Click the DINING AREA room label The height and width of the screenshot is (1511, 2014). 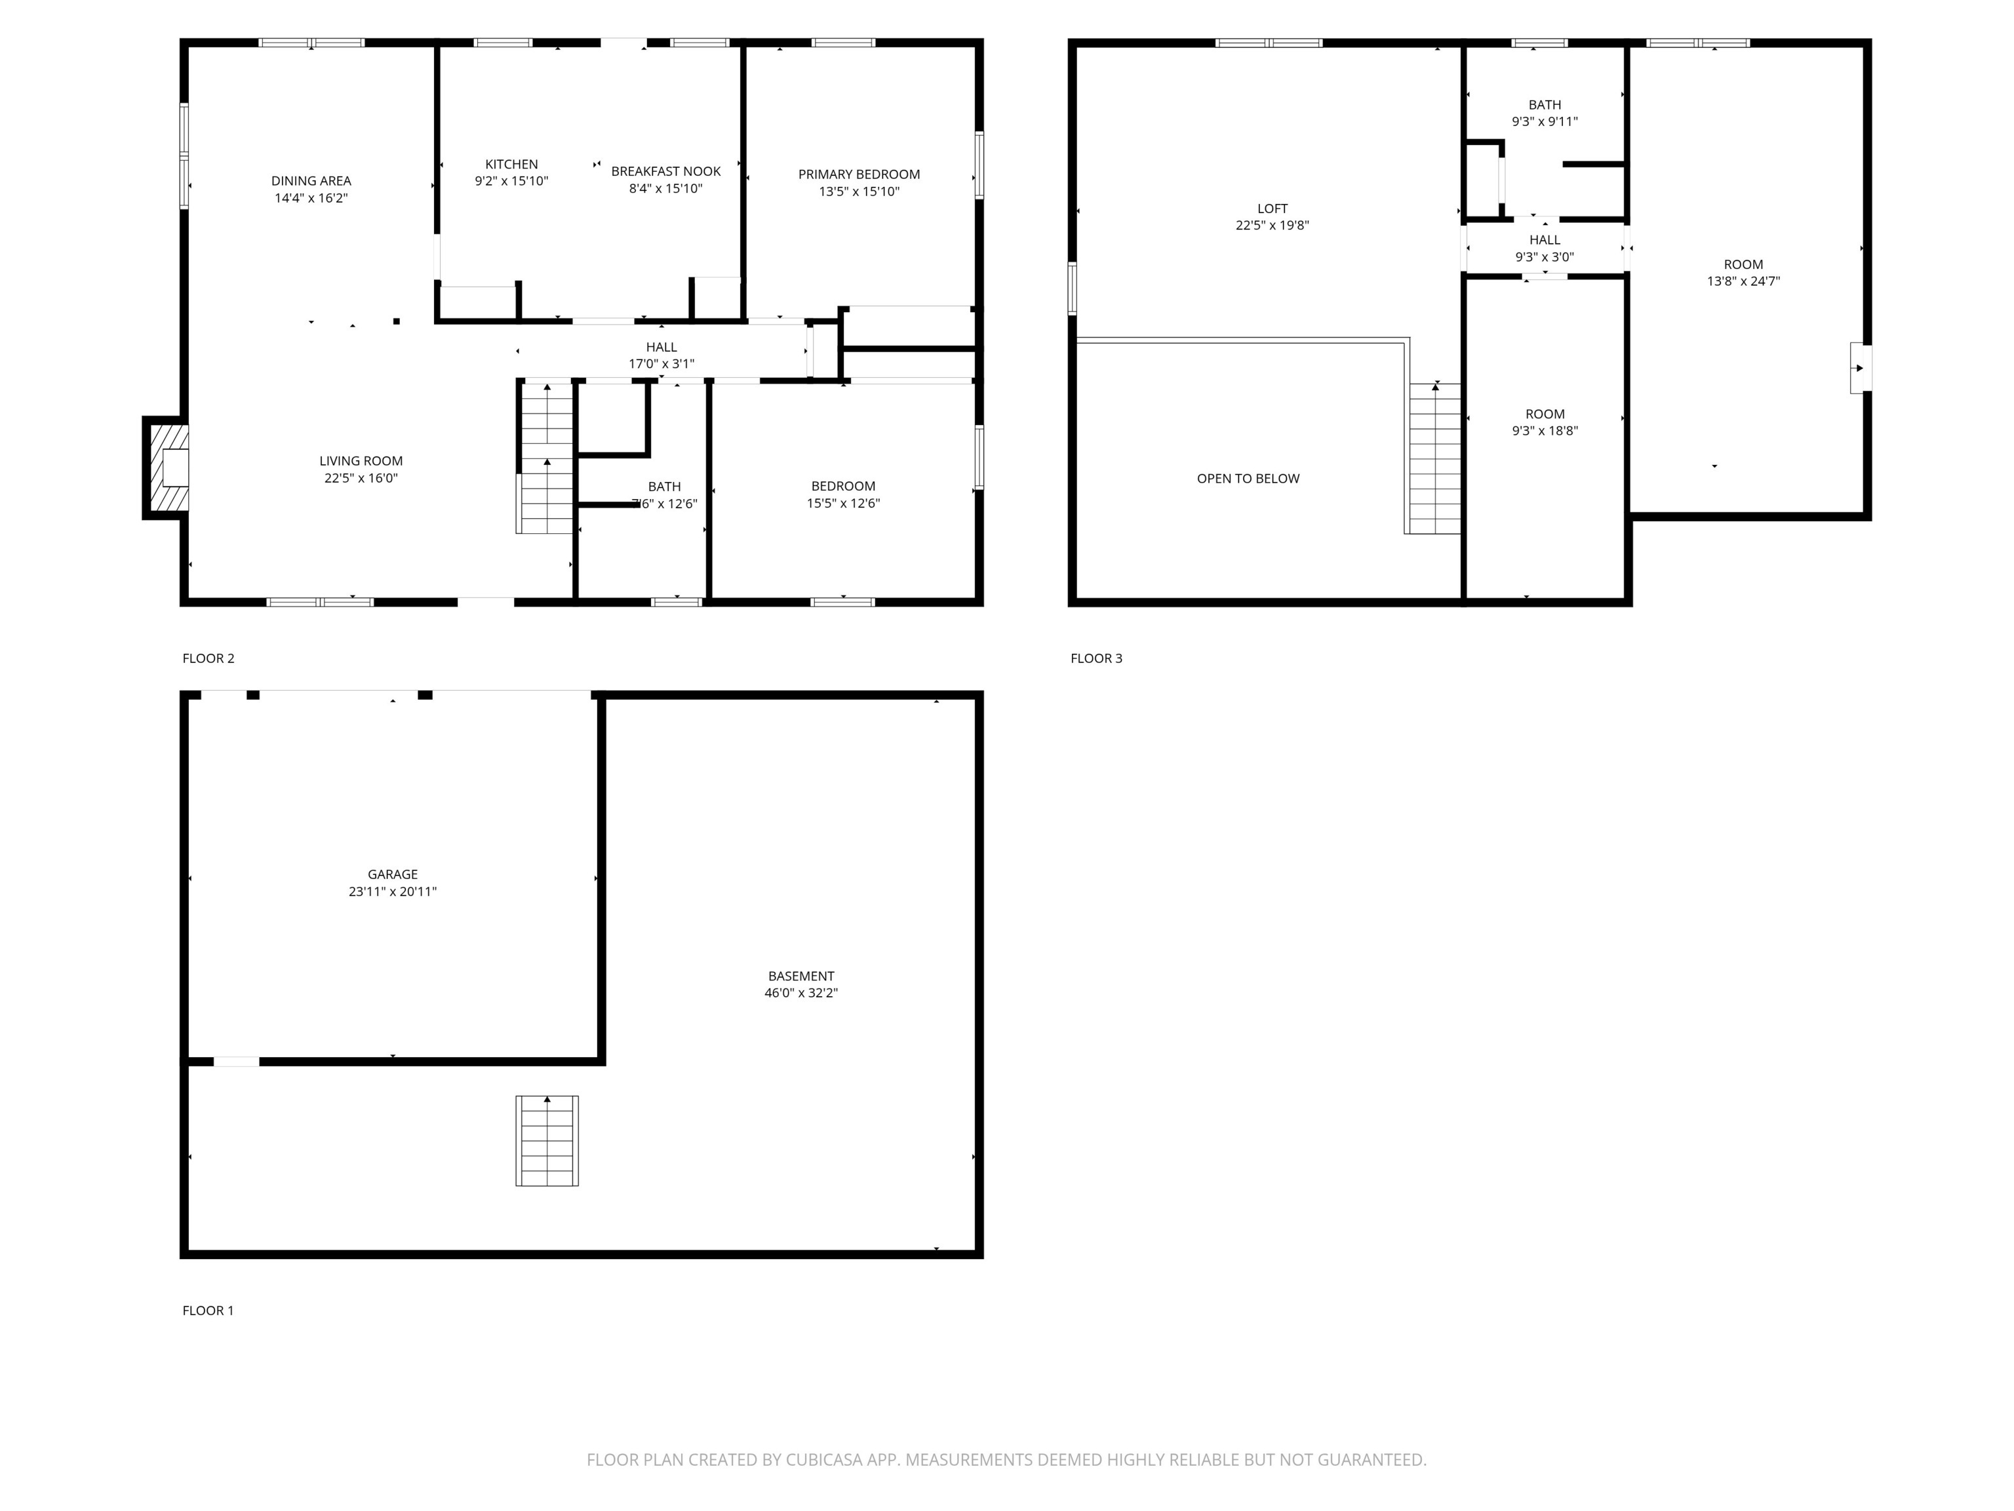click(x=311, y=180)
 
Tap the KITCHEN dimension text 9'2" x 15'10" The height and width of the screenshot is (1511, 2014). click(x=511, y=181)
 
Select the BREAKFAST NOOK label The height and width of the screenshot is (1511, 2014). click(x=665, y=171)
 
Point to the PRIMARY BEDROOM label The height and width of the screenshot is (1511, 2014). click(x=859, y=174)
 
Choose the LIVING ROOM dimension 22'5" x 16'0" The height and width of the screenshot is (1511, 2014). click(x=361, y=478)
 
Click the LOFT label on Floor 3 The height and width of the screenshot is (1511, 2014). click(x=1272, y=209)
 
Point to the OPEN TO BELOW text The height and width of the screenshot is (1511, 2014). click(x=1248, y=478)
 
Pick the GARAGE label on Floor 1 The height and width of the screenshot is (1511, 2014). click(x=393, y=874)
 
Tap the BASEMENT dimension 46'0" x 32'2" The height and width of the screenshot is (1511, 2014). click(x=800, y=993)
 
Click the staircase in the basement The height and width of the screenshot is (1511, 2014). click(x=546, y=1140)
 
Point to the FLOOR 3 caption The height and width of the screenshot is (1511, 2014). click(x=1096, y=658)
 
